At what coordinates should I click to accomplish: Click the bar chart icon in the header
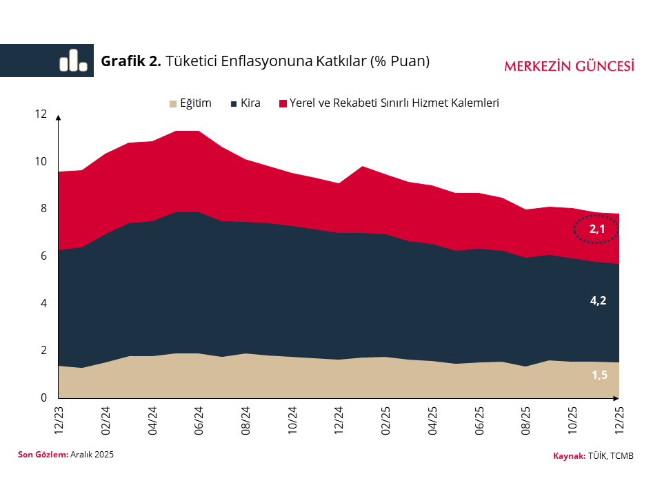tap(74, 61)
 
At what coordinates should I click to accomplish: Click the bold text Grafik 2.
tap(131, 61)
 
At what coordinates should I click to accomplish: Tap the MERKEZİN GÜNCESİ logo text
tap(569, 66)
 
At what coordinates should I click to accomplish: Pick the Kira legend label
tap(250, 103)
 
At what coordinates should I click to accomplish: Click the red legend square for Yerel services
tap(283, 104)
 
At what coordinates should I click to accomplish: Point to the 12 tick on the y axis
tap(41, 114)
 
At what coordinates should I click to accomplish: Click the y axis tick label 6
tap(44, 256)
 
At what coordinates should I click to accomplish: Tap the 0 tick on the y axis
tap(44, 398)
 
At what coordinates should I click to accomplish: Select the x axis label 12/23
tap(60, 420)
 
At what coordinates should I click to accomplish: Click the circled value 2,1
tap(597, 229)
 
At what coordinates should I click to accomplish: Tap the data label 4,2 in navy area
tap(598, 300)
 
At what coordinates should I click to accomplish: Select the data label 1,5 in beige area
tap(599, 375)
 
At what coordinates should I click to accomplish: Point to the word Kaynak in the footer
tap(569, 456)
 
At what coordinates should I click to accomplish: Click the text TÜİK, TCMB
tap(611, 456)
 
